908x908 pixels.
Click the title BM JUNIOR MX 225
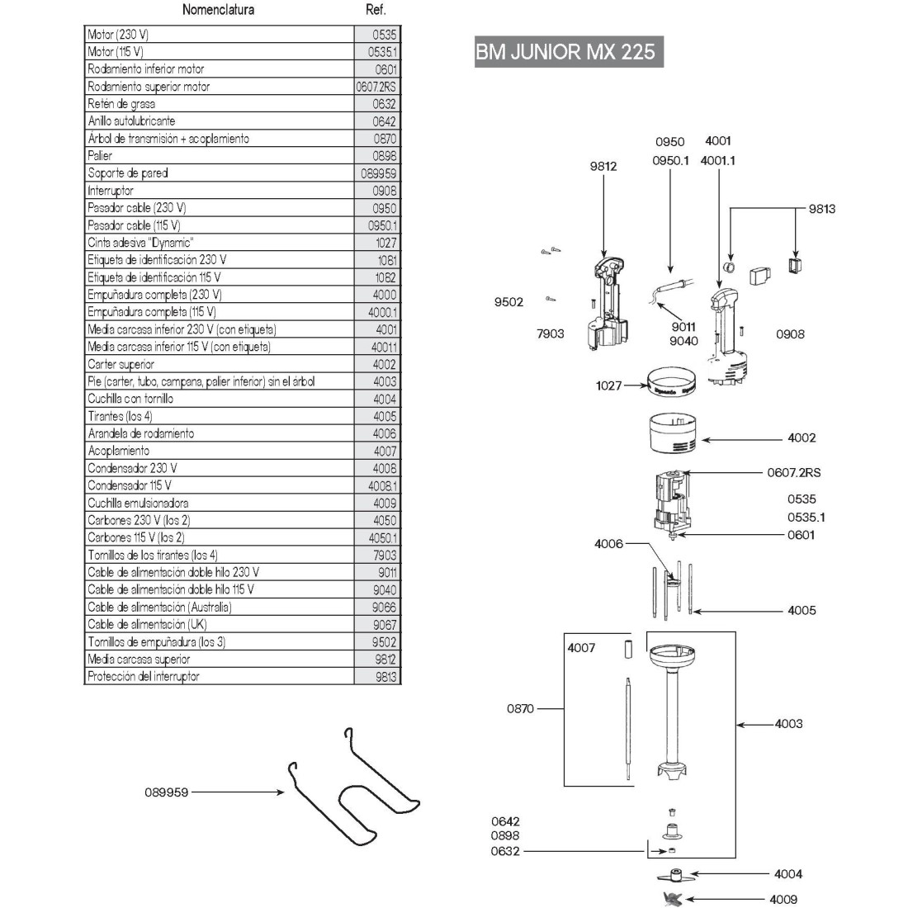(x=565, y=52)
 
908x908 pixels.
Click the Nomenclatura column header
(x=218, y=10)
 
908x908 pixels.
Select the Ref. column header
(x=376, y=10)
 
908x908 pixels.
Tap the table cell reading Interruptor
(x=111, y=191)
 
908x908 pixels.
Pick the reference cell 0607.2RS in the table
(x=376, y=87)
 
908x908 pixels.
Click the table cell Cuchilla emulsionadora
(x=138, y=503)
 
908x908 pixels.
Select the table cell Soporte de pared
(x=128, y=173)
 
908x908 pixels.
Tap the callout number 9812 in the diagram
(x=603, y=166)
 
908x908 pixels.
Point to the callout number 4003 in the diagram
(x=788, y=724)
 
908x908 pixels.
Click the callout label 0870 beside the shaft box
(x=520, y=708)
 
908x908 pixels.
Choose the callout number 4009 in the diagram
(x=783, y=899)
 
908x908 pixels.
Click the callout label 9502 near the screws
(x=508, y=302)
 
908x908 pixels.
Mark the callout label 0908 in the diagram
(x=790, y=334)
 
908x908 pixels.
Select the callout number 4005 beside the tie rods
(x=802, y=611)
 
